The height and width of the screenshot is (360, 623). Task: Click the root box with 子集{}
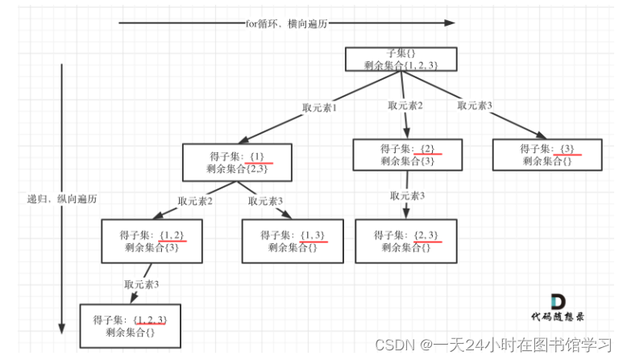tap(402, 59)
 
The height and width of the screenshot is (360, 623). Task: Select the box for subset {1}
tap(235, 161)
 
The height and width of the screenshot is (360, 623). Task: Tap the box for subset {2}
tap(408, 155)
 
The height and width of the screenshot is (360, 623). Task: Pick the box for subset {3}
tap(547, 155)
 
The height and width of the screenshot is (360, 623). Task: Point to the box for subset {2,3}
tap(408, 241)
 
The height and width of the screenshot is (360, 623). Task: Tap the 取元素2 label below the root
tap(405, 106)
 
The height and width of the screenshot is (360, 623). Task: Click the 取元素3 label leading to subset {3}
tap(475, 105)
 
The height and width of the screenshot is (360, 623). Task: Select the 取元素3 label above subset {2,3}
tap(408, 196)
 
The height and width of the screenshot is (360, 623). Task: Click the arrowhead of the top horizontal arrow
tap(449, 23)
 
